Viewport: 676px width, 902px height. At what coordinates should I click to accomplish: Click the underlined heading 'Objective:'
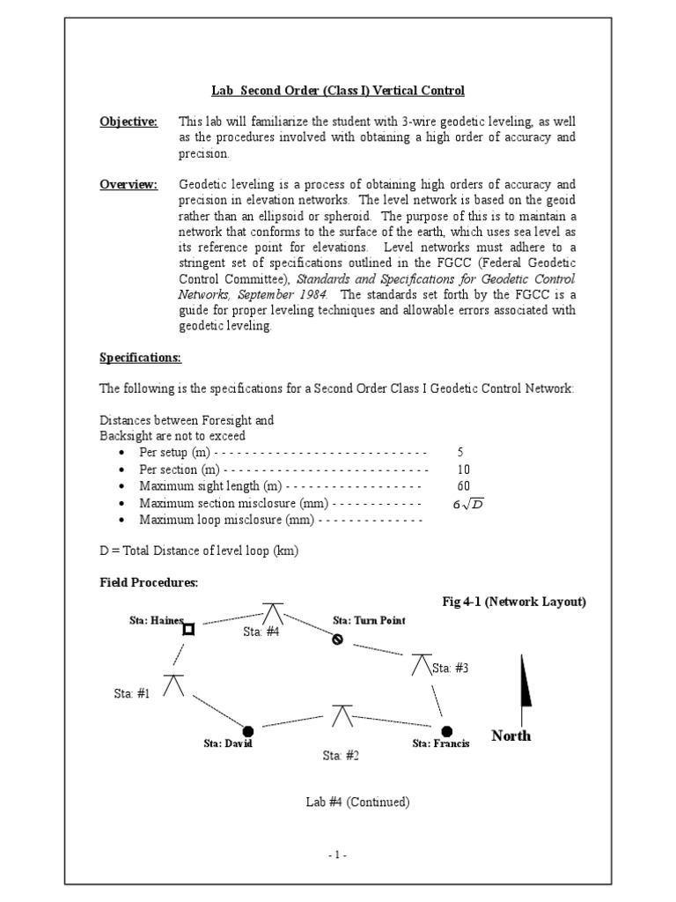129,122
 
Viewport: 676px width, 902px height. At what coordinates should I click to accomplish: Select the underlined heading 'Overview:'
129,184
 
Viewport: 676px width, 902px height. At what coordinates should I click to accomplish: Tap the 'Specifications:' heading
140,359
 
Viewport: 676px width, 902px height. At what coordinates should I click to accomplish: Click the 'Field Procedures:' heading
149,583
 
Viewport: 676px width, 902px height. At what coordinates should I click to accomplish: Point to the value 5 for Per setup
460,452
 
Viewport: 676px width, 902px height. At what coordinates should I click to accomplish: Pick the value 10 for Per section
464,469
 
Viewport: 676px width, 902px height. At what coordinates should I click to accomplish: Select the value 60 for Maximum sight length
464,486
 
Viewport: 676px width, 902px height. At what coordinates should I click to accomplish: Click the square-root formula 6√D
468,504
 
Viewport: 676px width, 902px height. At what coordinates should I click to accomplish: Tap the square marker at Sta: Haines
187,629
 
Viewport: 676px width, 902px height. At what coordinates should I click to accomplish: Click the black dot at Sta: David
248,730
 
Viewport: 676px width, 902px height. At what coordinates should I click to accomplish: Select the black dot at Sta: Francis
446,730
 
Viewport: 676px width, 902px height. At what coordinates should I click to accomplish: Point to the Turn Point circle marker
337,640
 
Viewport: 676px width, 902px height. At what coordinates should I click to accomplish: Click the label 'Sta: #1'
132,693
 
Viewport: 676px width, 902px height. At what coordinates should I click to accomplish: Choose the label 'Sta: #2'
341,755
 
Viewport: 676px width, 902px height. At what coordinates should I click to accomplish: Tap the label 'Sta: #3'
450,669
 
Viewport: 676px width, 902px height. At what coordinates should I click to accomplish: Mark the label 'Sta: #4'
261,632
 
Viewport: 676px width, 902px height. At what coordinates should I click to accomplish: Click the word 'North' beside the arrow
511,736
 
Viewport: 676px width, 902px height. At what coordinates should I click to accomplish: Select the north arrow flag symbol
526,685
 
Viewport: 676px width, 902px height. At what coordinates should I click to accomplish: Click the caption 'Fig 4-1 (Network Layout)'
513,602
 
